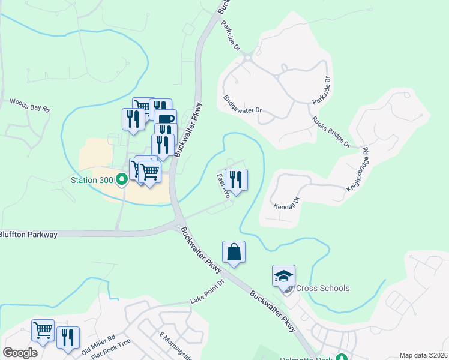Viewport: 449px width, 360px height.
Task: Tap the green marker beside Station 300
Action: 121,178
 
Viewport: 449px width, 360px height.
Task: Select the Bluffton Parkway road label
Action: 28,235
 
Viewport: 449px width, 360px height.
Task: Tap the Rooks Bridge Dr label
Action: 331,131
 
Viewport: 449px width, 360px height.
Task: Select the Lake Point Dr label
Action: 207,291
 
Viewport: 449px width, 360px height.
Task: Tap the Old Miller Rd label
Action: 98,344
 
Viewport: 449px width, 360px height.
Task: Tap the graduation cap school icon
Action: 283,276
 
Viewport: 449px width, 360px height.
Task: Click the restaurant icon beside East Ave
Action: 237,179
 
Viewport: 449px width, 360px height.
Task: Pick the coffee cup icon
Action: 165,118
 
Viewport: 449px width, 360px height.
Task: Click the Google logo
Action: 20,352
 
